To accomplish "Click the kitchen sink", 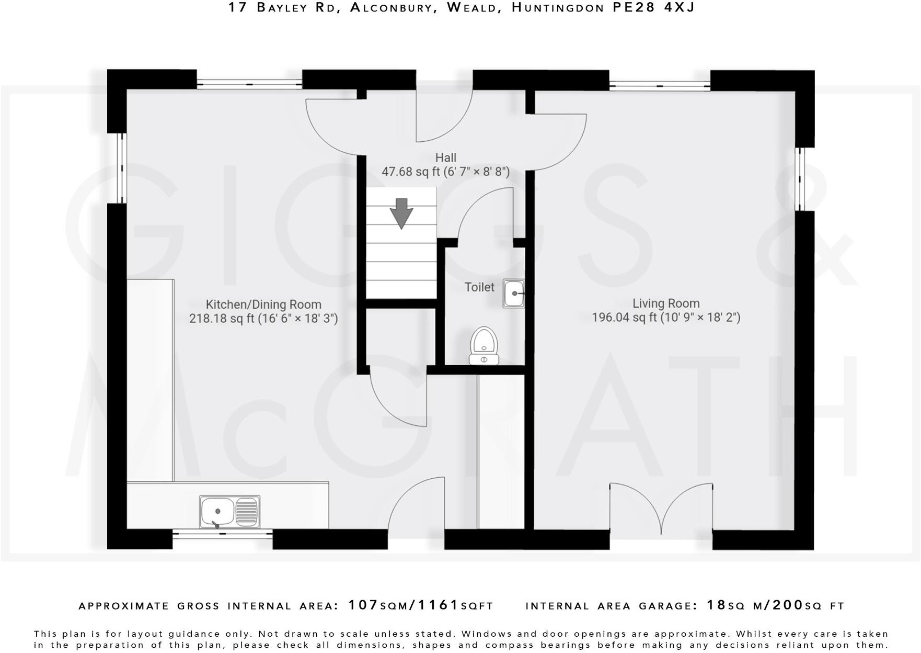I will (x=229, y=512).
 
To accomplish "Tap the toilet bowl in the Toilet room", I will (x=483, y=343).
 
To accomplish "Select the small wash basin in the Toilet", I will (x=514, y=294).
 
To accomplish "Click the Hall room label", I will (x=445, y=157).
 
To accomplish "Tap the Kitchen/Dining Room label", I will (x=263, y=305).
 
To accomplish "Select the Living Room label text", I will (x=666, y=303).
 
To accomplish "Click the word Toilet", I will (x=479, y=287).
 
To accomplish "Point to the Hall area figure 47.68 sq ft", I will (x=412, y=172).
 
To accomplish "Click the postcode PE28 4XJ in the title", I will (x=654, y=7).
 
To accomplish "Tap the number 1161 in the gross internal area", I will (x=438, y=605).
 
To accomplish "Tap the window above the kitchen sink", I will (x=223, y=534).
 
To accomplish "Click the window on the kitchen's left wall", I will (x=121, y=167).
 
